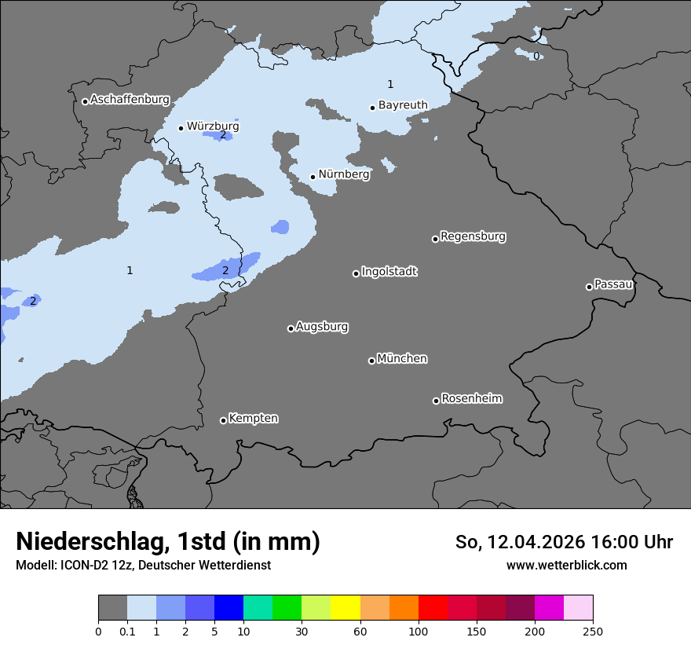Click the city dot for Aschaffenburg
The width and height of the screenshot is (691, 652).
pos(85,101)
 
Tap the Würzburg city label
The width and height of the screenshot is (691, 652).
pos(213,126)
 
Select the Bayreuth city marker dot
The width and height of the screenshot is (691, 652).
pos(372,108)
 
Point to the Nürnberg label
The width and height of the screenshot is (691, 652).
pos(343,174)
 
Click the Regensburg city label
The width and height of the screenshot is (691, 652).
pos(473,236)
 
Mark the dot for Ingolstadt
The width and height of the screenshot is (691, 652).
pos(356,273)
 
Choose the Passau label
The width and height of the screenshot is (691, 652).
pos(613,284)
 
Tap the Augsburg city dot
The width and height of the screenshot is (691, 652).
pos(291,328)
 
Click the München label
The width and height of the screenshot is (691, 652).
pos(402,358)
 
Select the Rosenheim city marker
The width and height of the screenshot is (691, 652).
pos(436,401)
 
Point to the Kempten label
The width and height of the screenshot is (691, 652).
pos(253,418)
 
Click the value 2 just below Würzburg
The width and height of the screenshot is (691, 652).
pos(223,135)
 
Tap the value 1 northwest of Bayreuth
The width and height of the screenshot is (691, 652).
pos(390,84)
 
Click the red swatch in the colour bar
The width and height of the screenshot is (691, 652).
pos(433,608)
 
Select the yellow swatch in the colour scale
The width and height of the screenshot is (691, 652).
pos(345,608)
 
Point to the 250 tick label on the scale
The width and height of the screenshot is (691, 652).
pos(593,630)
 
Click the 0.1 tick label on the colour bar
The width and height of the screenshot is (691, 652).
pos(127,630)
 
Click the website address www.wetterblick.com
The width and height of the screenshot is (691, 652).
pos(567,565)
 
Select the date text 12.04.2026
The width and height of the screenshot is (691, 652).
pos(536,542)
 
